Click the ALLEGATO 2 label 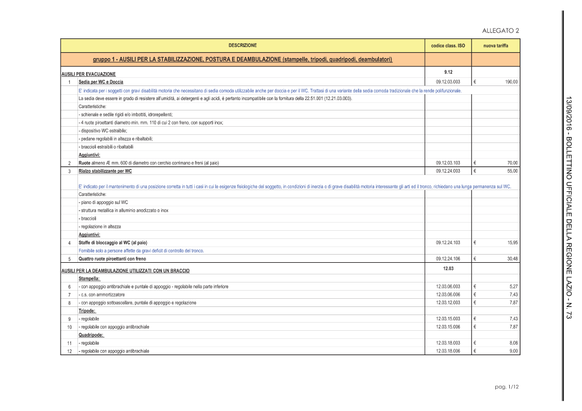(501, 31)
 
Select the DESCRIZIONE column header (242, 45)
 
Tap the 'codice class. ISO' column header (448, 45)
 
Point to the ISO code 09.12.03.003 (448, 83)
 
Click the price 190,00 (512, 83)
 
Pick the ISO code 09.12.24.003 (448, 171)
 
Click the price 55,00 (513, 171)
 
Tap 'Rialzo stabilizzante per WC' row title (105, 171)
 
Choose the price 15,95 (513, 242)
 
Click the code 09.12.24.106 (448, 259)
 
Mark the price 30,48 (513, 259)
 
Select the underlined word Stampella (89, 278)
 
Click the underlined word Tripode (87, 311)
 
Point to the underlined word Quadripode (91, 335)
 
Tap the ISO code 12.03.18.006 (448, 351)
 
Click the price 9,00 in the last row (514, 351)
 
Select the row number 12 (69, 351)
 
